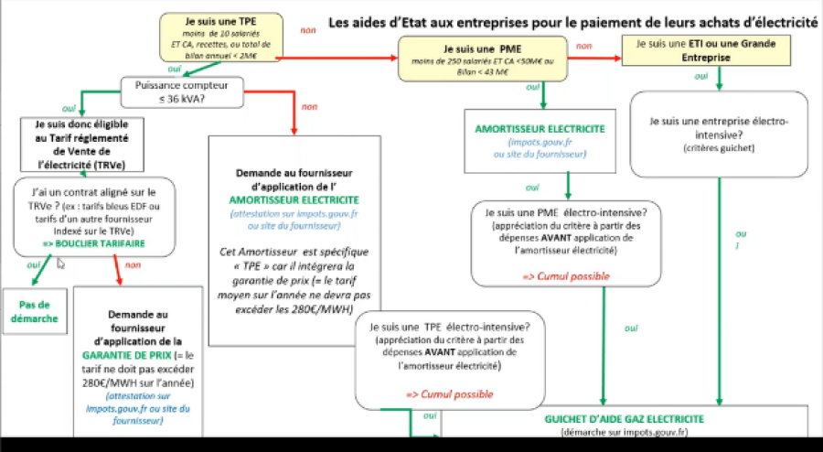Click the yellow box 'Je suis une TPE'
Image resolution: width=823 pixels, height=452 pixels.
click(216, 38)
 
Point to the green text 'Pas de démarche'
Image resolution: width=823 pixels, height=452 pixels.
click(36, 312)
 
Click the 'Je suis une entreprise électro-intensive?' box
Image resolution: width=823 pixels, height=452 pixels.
click(718, 133)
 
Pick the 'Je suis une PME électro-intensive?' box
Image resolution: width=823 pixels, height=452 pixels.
click(567, 242)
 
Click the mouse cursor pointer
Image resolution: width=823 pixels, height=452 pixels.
click(61, 264)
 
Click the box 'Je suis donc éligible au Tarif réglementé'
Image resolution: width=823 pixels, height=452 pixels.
click(82, 144)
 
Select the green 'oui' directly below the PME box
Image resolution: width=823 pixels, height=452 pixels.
click(531, 89)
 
